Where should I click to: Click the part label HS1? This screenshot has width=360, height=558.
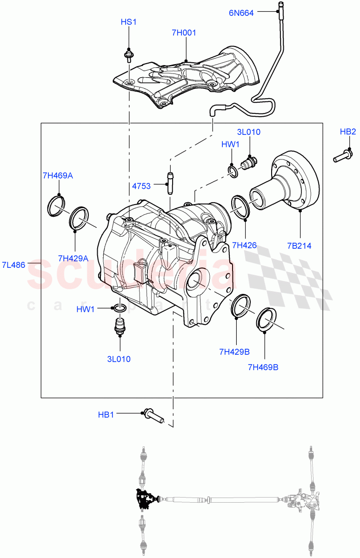pos(128,22)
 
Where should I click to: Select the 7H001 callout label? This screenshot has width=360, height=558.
pos(184,33)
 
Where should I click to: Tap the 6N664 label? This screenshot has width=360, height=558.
pos(241,13)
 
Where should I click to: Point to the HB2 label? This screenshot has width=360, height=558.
pos(347,132)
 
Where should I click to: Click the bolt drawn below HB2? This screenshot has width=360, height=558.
pos(342,155)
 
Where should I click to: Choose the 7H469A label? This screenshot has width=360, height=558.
pos(58,175)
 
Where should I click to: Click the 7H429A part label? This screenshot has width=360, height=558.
pos(73,258)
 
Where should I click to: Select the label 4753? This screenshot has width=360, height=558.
pos(141,186)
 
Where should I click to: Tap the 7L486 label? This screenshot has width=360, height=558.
pos(13,265)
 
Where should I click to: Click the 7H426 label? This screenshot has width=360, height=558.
pos(245,245)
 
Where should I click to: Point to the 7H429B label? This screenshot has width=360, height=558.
pos(235,352)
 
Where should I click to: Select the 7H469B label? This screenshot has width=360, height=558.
pos(263,367)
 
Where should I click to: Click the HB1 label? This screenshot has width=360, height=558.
pos(106,414)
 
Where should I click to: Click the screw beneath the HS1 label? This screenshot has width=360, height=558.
pos(128,56)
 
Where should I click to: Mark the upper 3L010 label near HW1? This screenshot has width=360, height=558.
pos(249,132)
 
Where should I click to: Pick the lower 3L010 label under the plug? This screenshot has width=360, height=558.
pos(119,359)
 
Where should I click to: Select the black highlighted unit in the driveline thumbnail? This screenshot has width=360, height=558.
pos(145,499)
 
